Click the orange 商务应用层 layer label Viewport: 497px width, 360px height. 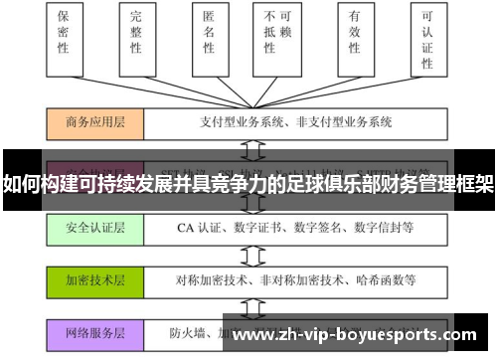tap(95, 123)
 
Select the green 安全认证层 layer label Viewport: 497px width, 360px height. tap(95, 229)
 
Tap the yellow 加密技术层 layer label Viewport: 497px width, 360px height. tap(95, 279)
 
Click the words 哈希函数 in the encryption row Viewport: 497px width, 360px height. tap(389, 279)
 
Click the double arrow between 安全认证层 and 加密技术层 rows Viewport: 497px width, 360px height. tap(261, 254)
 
